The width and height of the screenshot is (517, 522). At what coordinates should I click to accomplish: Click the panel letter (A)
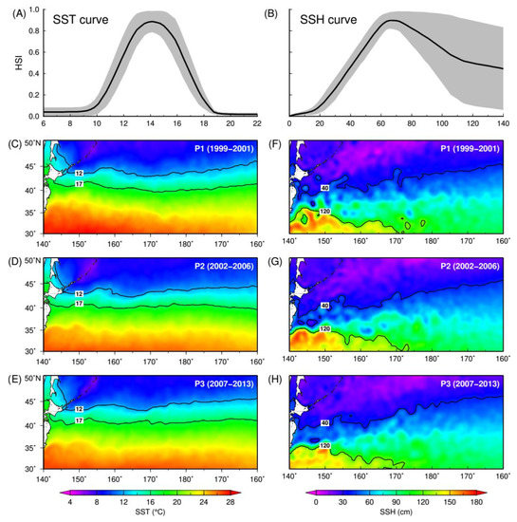[x=15, y=8]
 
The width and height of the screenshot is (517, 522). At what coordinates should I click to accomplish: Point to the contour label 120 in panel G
[x=324, y=328]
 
